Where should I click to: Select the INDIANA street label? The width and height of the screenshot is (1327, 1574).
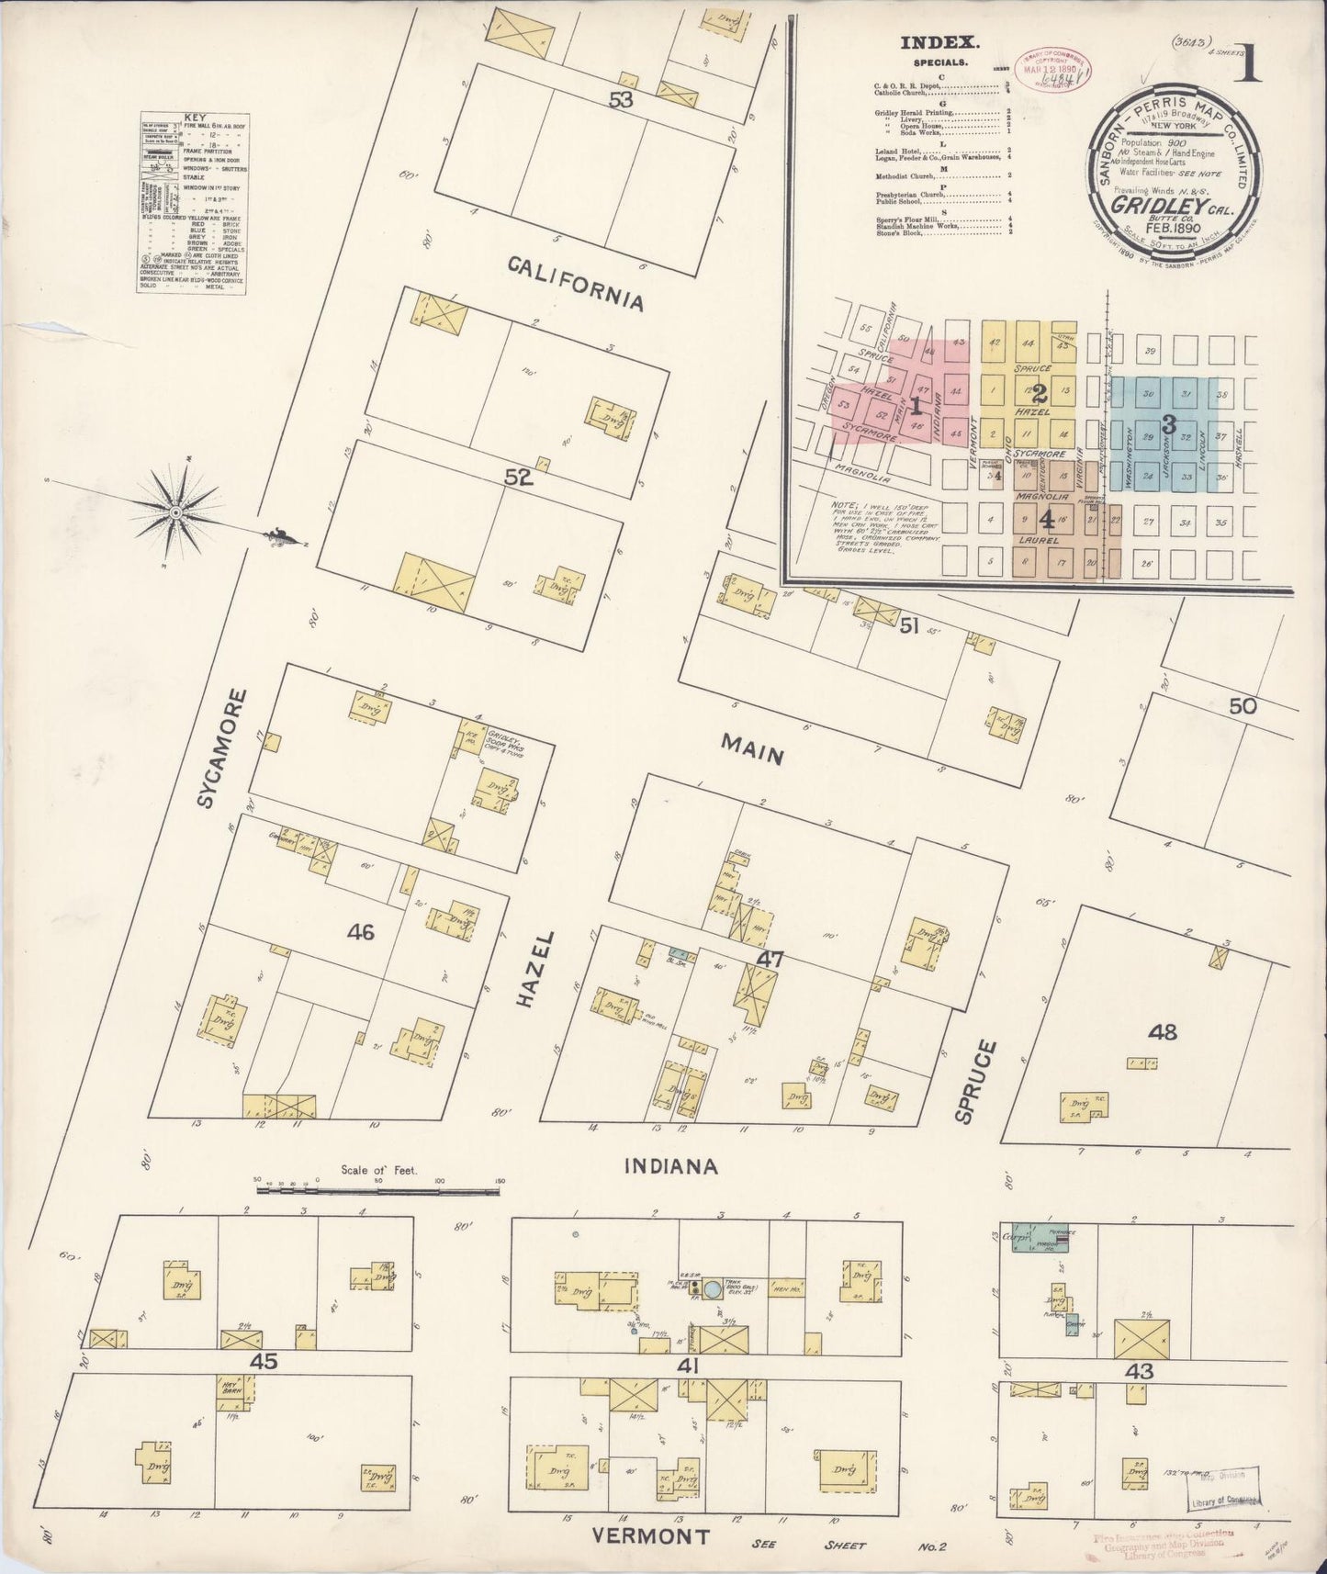pos(670,1166)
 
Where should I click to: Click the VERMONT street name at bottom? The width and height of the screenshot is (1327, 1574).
pos(650,1536)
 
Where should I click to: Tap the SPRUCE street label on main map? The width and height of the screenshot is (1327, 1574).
pos(975,1081)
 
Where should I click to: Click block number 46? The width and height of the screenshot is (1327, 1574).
pos(361,933)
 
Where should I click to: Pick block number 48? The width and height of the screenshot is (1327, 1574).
pos(1162,1032)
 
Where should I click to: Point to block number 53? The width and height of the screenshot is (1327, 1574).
pos(621,100)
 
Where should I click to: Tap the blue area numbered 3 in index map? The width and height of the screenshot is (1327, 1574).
pos(1168,424)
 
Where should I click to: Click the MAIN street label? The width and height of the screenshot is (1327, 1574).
pos(752,755)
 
